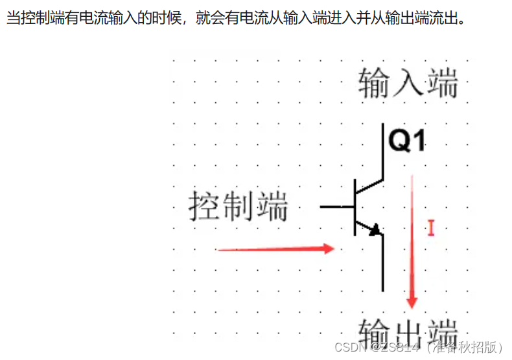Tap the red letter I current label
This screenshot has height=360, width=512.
[430, 227]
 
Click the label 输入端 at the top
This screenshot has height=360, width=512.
[408, 85]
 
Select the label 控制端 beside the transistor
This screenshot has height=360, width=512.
[239, 207]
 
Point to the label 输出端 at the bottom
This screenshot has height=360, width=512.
[408, 332]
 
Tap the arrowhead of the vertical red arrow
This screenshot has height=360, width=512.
[411, 301]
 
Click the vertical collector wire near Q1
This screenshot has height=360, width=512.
[383, 152]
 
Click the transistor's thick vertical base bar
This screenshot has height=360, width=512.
[355, 207]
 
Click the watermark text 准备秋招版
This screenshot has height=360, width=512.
[467, 347]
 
